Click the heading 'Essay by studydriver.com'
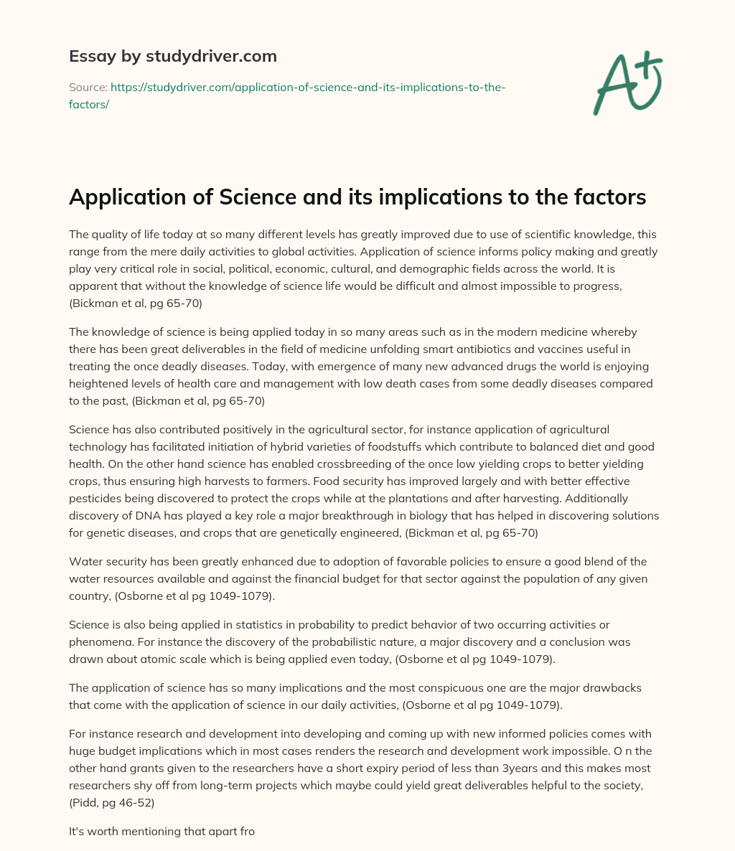point(172,56)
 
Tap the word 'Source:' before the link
point(88,87)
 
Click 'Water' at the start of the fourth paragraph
point(85,561)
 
